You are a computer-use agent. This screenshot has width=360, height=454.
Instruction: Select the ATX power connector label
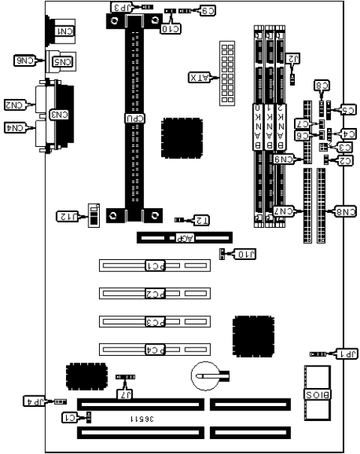click(198, 77)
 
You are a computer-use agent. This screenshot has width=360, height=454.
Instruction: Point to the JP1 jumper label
click(344, 354)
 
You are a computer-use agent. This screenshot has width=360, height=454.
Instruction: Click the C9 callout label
click(205, 11)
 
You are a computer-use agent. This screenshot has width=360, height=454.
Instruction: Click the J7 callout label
click(125, 393)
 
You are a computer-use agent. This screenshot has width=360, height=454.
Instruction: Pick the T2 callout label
click(200, 220)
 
